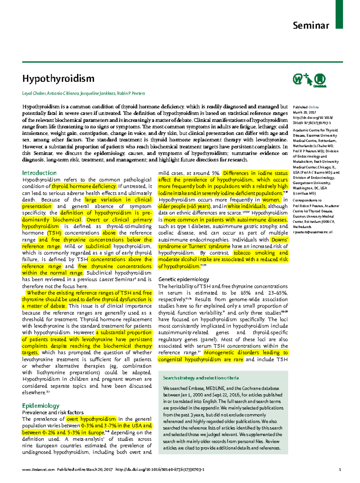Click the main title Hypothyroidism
58,79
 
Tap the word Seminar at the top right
311,25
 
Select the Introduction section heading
39,173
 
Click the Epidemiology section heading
41,406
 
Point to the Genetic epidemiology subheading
184,279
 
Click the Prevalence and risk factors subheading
53,413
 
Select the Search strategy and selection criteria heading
201,378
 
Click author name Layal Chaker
34,93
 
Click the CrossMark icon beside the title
319,80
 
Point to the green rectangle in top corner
339,14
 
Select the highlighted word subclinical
98,246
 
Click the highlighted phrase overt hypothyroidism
91,419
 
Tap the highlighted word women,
271,200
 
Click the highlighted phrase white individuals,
247,206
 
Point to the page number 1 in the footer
340,470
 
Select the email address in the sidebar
313,232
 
